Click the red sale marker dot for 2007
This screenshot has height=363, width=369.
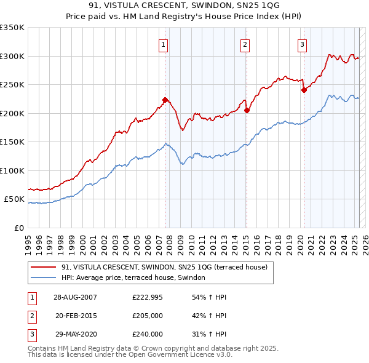(x=165, y=100)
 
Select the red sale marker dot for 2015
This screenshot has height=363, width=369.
(x=247, y=110)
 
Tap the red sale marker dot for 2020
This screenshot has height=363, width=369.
(x=304, y=90)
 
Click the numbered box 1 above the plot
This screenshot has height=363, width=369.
(x=164, y=44)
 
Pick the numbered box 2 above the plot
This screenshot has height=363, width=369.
(x=245, y=44)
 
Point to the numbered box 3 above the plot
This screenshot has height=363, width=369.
(x=303, y=44)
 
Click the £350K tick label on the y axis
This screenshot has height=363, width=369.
(x=12, y=28)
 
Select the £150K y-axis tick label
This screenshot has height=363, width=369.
(x=12, y=142)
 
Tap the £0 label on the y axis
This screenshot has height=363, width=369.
(x=18, y=228)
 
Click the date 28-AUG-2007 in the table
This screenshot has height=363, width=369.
(x=75, y=297)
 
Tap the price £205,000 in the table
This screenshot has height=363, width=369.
(x=148, y=316)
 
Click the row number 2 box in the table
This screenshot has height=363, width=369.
(x=31, y=316)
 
